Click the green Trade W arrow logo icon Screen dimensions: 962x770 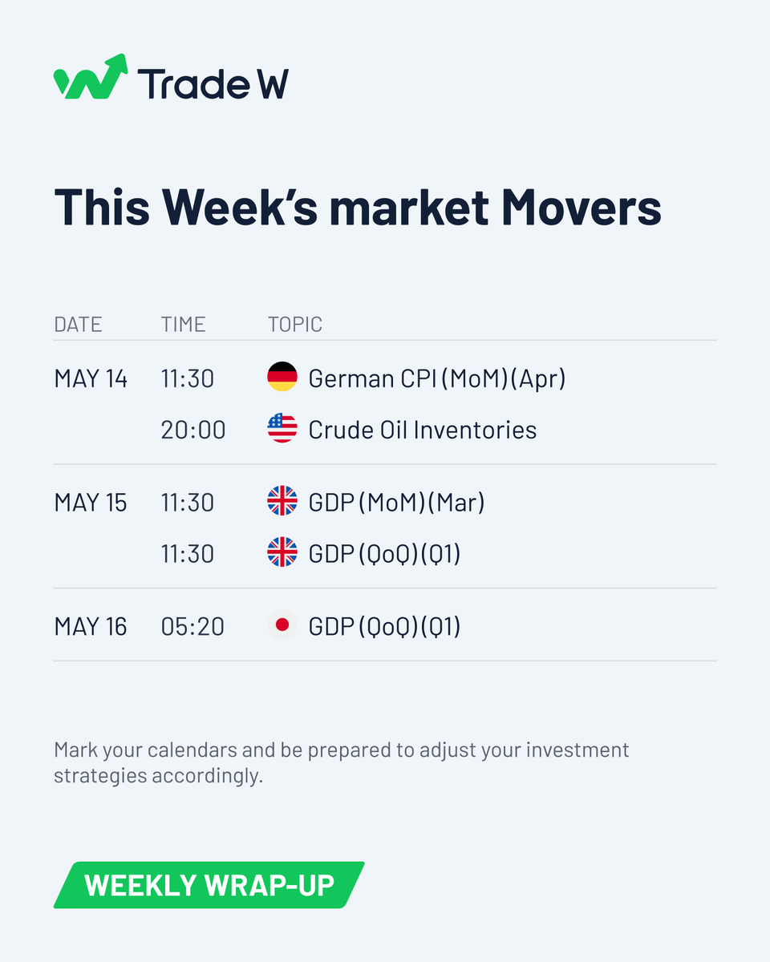91,77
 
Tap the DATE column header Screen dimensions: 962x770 78,324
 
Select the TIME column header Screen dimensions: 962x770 183,324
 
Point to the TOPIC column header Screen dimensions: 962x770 294,324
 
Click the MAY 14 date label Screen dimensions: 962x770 91,378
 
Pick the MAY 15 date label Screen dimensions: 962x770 91,503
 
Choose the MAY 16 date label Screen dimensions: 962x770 91,627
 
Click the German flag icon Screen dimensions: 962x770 282,378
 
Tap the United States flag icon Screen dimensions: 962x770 282,429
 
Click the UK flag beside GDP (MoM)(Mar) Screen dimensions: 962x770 282,502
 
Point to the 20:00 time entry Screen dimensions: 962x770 193,430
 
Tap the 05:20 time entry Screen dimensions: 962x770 192,627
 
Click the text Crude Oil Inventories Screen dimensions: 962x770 423,430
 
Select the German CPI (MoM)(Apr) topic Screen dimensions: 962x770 437,378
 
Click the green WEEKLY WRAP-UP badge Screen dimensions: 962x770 209,885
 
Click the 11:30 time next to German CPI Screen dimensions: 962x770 188,378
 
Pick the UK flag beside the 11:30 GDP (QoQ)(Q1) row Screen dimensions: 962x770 282,553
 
